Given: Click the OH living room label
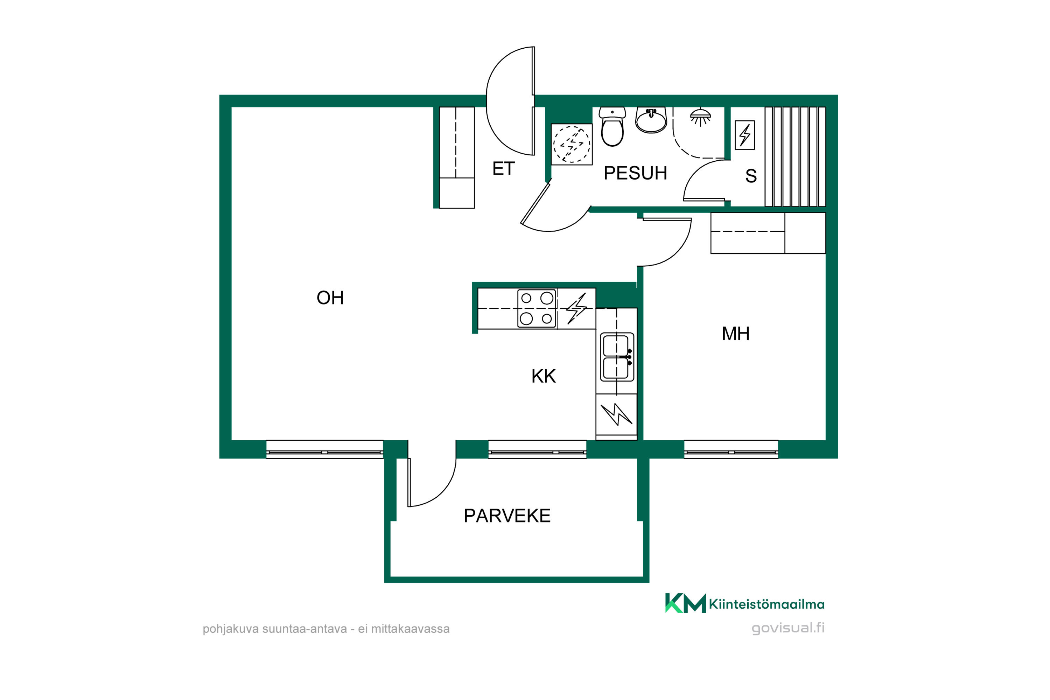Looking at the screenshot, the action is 330,298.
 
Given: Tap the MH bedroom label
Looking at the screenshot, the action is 735,334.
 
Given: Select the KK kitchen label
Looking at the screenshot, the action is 543,376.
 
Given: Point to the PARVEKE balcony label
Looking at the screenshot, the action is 507,516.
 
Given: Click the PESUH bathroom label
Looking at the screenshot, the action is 635,173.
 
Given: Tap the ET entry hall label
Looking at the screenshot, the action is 503,168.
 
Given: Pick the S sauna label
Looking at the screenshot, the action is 751,176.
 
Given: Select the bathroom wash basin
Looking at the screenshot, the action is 651,120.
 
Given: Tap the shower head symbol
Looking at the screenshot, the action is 700,117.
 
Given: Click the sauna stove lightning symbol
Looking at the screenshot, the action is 745,135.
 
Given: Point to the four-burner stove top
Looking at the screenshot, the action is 537,308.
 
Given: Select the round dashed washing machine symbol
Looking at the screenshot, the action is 572,144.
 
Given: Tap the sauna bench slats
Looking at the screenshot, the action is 795,157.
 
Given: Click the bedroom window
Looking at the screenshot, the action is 731,449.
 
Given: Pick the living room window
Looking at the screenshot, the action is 324,449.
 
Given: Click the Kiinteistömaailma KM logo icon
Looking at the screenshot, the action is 685,603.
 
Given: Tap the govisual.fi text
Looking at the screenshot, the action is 788,628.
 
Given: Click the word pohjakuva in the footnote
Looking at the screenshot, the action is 230,629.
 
